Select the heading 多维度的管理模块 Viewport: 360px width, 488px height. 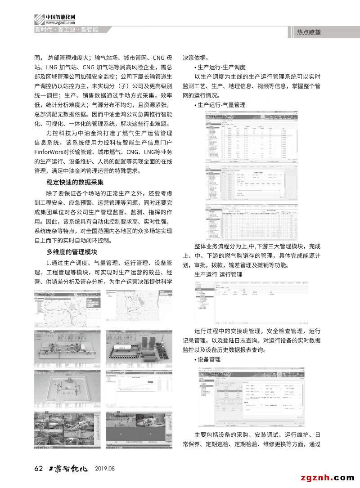tap(72, 251)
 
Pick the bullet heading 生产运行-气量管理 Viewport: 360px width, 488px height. tap(220, 105)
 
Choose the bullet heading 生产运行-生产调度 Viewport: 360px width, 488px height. tap(220, 67)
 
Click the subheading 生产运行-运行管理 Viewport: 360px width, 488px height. tap(218, 273)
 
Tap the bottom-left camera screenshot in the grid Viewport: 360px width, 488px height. tap(67, 430)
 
